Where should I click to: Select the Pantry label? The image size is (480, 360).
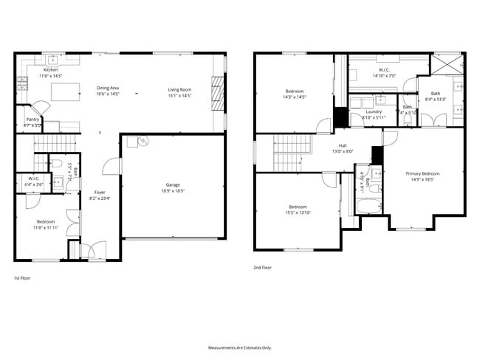[32, 119]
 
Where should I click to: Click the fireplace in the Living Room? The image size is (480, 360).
[216, 94]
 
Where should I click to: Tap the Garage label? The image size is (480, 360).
[173, 184]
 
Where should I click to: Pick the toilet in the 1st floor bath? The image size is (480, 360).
[57, 163]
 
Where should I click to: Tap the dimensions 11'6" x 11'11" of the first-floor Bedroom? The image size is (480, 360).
[47, 226]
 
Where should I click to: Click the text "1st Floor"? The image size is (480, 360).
[21, 278]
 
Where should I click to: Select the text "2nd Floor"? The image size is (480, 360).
[262, 268]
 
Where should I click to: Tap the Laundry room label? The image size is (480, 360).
[373, 111]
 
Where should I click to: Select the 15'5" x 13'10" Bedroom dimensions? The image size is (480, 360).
[299, 212]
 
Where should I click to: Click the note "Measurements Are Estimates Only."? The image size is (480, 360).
[239, 347]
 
